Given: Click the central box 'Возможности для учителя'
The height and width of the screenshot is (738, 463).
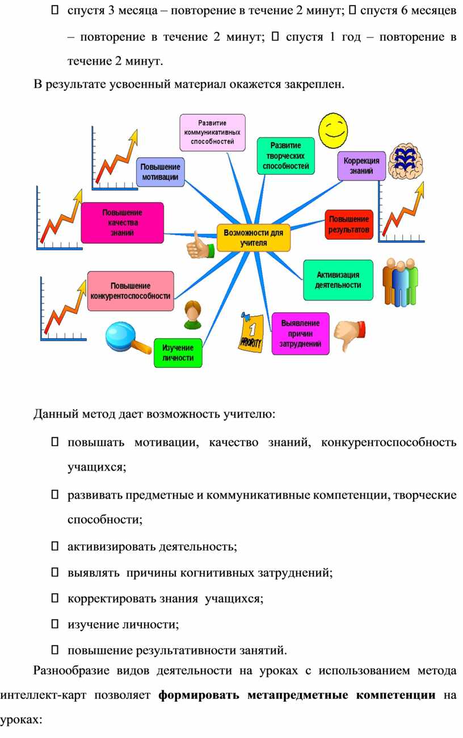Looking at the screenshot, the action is (x=253, y=237).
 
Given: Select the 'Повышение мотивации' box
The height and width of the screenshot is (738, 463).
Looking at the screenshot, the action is (x=161, y=172).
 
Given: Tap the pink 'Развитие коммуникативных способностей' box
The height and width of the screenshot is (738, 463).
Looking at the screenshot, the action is (x=212, y=132).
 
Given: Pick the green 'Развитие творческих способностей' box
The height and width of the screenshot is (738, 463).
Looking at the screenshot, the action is (x=285, y=156).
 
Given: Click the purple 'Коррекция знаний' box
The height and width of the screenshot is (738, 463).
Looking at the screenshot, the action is (x=361, y=166).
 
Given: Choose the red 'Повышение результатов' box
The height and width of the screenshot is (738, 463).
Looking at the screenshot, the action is (x=349, y=224).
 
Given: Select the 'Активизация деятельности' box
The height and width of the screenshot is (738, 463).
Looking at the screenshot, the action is (x=338, y=280).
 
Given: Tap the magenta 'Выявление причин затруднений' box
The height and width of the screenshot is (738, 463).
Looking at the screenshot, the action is (x=300, y=333).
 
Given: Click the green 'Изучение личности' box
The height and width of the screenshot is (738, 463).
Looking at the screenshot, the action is (x=178, y=353).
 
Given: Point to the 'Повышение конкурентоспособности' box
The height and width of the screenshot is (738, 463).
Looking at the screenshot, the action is (x=131, y=291).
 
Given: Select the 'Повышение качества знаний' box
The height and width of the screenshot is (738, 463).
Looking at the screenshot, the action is (x=122, y=223).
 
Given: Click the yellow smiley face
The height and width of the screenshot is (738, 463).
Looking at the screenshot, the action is (x=333, y=131).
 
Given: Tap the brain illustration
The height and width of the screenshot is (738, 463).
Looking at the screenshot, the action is (x=405, y=161).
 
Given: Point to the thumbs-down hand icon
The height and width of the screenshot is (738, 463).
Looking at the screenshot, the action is (x=350, y=334).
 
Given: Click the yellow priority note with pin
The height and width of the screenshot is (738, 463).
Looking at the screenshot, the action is (x=251, y=332).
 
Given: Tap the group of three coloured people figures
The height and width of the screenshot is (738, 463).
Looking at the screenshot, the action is (x=400, y=282).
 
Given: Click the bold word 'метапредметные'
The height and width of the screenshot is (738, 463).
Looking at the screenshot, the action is (x=298, y=695).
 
